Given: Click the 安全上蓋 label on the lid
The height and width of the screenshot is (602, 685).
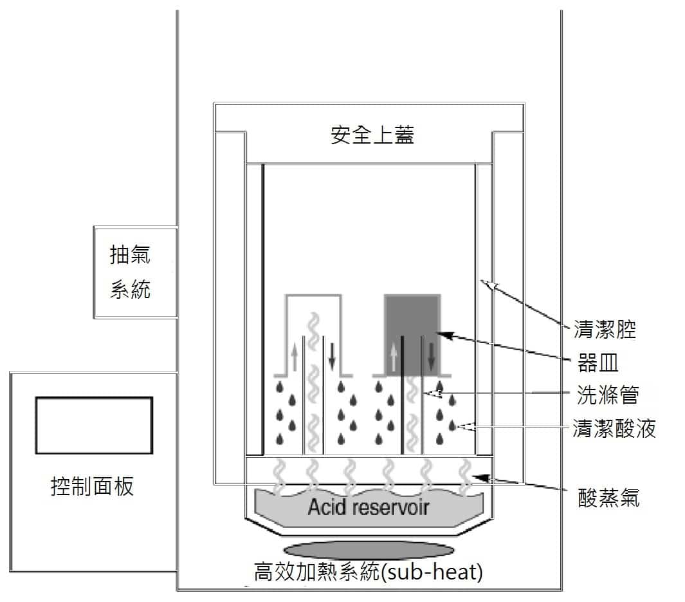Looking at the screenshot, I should coord(372,135).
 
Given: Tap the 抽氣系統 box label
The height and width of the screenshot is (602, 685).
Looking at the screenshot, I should coord(131,272).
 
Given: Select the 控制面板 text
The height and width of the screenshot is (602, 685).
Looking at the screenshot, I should coord(92,486).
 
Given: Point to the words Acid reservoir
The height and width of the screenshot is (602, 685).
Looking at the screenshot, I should coord(368,507).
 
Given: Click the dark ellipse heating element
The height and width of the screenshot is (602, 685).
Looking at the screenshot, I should coord(367,550).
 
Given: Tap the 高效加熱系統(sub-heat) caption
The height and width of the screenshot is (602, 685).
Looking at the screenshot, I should coord(369,572).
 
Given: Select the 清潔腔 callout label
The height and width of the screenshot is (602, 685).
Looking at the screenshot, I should coord(604,330).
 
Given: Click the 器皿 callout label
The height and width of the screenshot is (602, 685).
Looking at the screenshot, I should coord(598,362).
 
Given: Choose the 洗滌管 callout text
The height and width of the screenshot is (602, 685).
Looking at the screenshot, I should coord(608,395).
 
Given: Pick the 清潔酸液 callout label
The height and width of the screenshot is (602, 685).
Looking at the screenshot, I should coord(614,428).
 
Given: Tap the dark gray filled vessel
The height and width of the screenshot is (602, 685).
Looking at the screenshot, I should coord(412,315).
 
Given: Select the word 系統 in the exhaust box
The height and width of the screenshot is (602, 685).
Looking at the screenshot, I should coord(131,290).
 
